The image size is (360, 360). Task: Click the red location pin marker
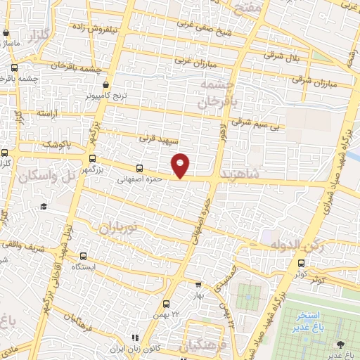click(181, 165)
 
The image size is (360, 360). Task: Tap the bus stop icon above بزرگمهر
click(92, 158)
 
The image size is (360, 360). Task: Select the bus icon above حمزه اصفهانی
click(139, 168)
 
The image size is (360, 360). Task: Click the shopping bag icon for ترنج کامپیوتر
click(105, 84)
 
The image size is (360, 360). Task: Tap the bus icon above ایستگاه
click(84, 256)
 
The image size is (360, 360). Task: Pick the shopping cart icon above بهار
click(198, 285)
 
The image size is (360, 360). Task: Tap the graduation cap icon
click(44, 206)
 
